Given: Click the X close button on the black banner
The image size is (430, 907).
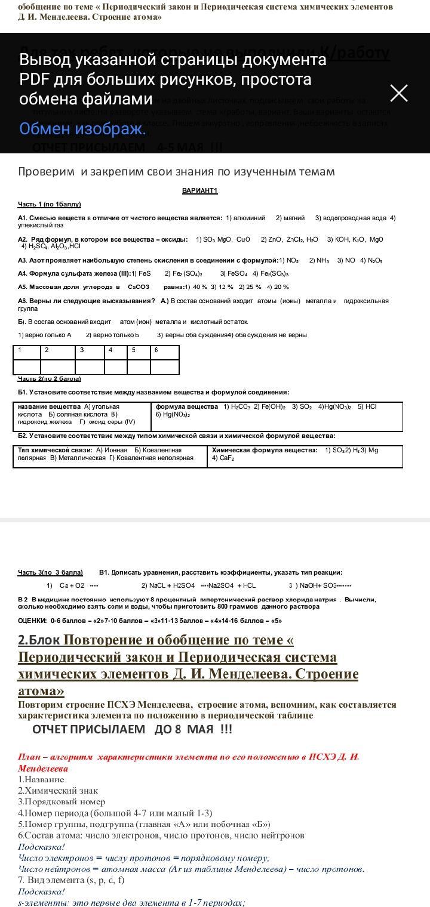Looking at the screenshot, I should pyautogui.click(x=398, y=93).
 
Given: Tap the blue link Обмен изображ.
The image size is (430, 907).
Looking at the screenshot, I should pyautogui.click(x=82, y=129).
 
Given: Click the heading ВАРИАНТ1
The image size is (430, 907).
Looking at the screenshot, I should pyautogui.click(x=199, y=191).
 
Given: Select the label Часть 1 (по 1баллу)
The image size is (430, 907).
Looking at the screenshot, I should pyautogui.click(x=49, y=204).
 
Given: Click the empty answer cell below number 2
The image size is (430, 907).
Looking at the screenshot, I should pyautogui.click(x=57, y=367).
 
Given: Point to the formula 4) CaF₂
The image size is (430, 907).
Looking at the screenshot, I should pyautogui.click(x=223, y=458).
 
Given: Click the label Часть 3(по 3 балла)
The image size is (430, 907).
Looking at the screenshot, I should pyautogui.click(x=50, y=572).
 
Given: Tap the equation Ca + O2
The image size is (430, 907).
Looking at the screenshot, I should pyautogui.click(x=72, y=585).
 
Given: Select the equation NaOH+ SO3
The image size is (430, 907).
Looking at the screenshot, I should pyautogui.click(x=320, y=585).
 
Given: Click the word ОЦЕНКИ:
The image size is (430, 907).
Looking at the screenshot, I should pyautogui.click(x=33, y=621).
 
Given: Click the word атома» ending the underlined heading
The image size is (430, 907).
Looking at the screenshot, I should pyautogui.click(x=41, y=691).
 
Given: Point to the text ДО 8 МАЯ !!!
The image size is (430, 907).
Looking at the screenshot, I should pyautogui.click(x=193, y=729).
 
